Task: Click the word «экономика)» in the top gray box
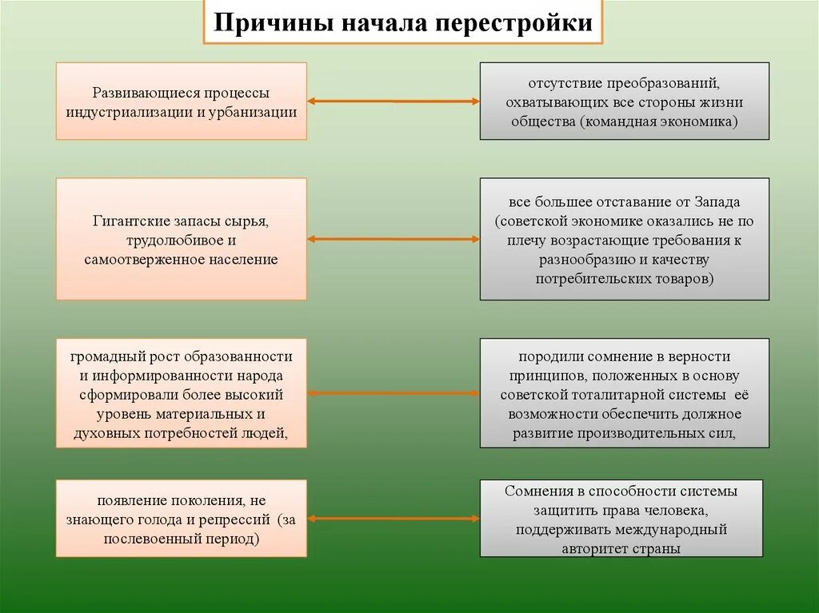point(697,121)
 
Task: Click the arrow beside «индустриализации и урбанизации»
point(393,102)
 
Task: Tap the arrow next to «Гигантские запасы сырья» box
point(393,239)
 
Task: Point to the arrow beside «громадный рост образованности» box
point(393,393)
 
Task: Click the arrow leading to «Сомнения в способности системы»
point(393,519)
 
